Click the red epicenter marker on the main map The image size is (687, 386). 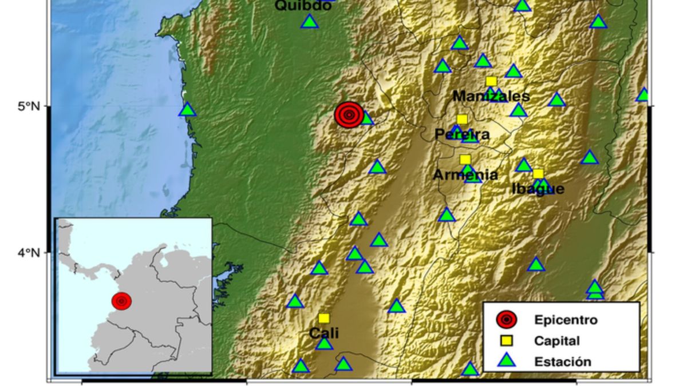click(x=349, y=115)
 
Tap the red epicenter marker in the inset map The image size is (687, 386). click(x=121, y=301)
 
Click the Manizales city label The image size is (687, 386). click(x=491, y=96)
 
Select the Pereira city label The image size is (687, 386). click(x=462, y=134)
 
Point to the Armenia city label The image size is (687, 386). click(x=465, y=175)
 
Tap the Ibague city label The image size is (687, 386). click(x=538, y=189)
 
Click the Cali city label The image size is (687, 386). click(x=324, y=333)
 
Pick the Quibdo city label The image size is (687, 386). click(x=303, y=6)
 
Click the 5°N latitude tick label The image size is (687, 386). click(x=29, y=106)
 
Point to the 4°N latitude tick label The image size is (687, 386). click(x=29, y=252)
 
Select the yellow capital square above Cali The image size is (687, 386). click(x=324, y=318)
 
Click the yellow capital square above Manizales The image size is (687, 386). click(x=491, y=81)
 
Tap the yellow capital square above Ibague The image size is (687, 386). click(x=538, y=174)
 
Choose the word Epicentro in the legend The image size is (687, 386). click(x=565, y=320)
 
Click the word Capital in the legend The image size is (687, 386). click(x=556, y=341)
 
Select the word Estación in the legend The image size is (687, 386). click(x=562, y=361)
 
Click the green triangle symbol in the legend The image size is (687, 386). click(x=506, y=360)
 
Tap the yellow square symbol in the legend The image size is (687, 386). click(x=506, y=341)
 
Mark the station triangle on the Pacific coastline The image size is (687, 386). click(x=188, y=109)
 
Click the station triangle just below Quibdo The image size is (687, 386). click(x=309, y=22)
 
